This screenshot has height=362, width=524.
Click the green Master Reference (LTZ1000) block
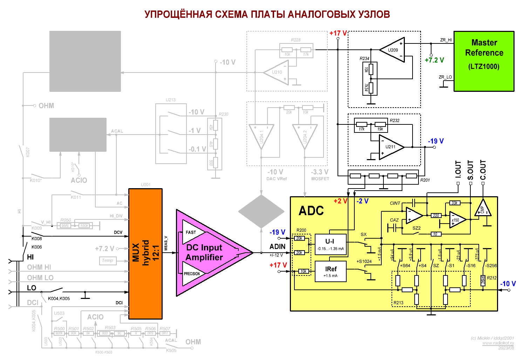coord(484,61)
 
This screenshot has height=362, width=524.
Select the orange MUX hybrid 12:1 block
coord(145,254)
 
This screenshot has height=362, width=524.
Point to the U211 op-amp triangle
coord(390,147)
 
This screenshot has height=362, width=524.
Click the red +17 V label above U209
coord(338,33)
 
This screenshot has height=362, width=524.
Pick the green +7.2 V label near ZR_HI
coord(434,60)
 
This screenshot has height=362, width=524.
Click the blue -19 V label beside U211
coord(436,141)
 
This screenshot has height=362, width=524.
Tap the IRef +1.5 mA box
coord(331,271)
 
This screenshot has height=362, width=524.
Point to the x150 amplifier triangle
coord(457,220)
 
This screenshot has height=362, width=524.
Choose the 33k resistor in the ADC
coord(454,203)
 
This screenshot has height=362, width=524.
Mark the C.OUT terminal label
coord(483,170)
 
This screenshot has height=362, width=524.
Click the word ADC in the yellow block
coord(311,211)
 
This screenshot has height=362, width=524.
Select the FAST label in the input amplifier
coord(191,232)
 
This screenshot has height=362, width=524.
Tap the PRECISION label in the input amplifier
coord(192,274)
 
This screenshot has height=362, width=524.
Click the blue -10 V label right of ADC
coord(508,284)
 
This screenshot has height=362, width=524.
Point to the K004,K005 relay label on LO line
coord(59,299)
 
